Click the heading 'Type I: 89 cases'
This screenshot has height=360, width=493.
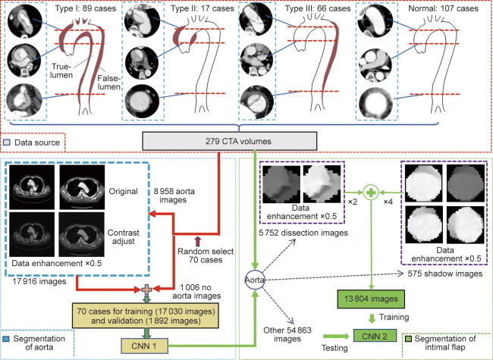click(x=86, y=8)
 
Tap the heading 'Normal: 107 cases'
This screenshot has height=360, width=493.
click(x=431, y=8)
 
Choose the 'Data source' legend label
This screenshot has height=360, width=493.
click(x=42, y=142)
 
